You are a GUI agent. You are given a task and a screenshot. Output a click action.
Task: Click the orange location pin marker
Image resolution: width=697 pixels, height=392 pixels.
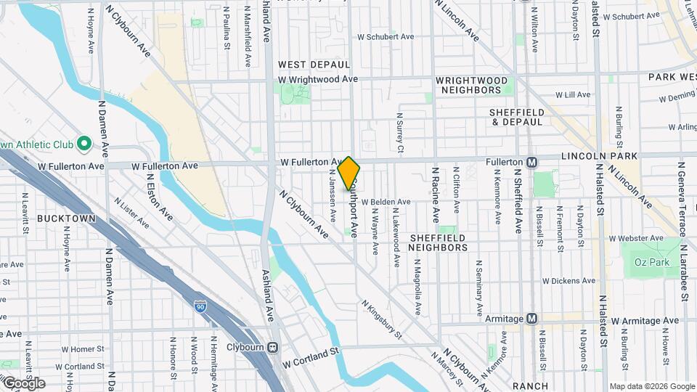349,173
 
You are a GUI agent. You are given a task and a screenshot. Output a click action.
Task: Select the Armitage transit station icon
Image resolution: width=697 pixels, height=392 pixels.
532,318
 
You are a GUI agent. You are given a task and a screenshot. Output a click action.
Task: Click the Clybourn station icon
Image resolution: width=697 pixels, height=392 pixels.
273,347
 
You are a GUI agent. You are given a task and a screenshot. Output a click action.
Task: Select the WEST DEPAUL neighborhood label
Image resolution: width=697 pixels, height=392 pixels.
314,65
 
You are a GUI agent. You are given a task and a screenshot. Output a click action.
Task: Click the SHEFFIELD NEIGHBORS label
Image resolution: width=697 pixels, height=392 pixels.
438,242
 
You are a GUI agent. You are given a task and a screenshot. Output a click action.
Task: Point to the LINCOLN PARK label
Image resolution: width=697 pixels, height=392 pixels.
599,156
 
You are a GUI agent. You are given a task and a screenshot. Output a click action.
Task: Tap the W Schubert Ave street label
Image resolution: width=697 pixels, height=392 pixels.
386,36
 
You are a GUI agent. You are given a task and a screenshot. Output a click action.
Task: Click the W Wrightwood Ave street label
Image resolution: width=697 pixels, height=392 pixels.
318,79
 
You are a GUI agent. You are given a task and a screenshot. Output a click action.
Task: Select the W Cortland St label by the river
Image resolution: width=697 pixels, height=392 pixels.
311,356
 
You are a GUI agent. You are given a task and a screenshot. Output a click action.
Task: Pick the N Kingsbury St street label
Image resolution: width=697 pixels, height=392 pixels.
382,319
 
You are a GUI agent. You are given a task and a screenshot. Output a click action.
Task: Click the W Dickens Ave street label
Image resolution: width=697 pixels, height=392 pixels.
568,281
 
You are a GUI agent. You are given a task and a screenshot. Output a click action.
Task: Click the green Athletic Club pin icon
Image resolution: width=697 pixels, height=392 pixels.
83,142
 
